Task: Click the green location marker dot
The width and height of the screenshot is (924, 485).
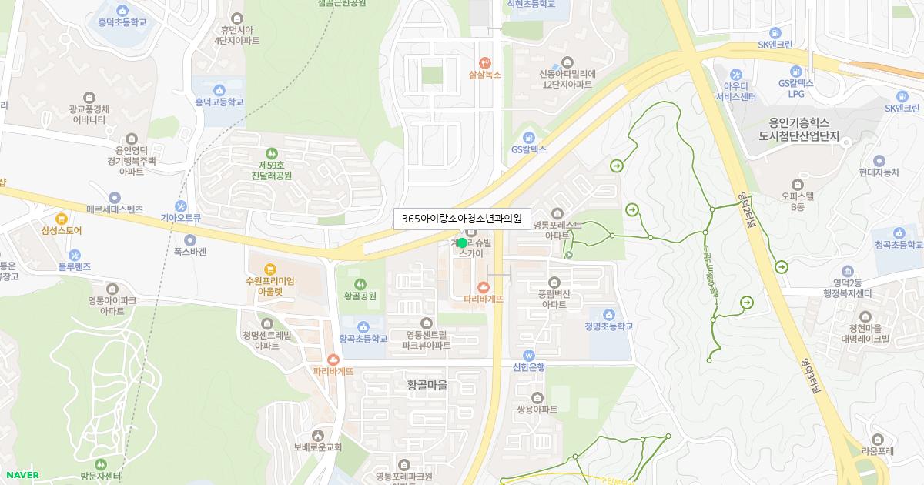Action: point(462,242)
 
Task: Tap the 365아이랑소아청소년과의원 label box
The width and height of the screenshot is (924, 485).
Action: point(462,219)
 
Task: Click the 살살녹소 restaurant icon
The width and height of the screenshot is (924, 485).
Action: point(484,62)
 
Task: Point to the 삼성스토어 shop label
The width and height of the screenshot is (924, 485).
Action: point(62,230)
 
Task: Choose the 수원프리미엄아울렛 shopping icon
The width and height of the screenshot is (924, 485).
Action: point(269,269)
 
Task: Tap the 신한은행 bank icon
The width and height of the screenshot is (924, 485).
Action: point(528,356)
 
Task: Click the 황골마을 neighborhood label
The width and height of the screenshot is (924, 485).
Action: point(427,384)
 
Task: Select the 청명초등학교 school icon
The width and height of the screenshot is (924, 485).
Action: point(608,314)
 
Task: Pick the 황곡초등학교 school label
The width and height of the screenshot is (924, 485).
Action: point(363,339)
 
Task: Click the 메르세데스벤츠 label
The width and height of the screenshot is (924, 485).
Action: point(115,209)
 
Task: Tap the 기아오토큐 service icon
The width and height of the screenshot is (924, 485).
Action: point(180,206)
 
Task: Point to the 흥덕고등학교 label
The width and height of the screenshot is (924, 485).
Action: point(219,102)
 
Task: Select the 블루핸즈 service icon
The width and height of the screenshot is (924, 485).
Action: point(75,255)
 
